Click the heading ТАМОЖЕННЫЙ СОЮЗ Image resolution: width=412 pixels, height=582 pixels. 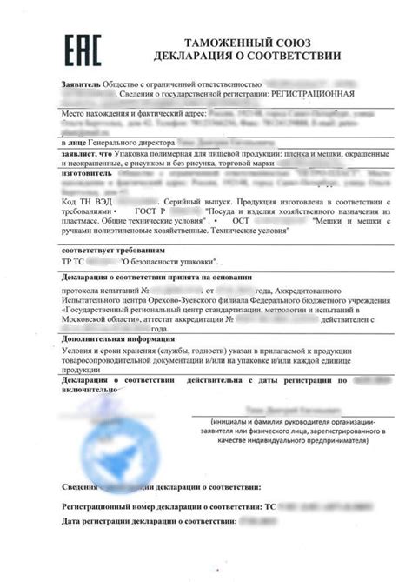click(x=246, y=43)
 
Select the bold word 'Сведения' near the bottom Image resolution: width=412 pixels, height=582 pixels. click(x=81, y=489)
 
